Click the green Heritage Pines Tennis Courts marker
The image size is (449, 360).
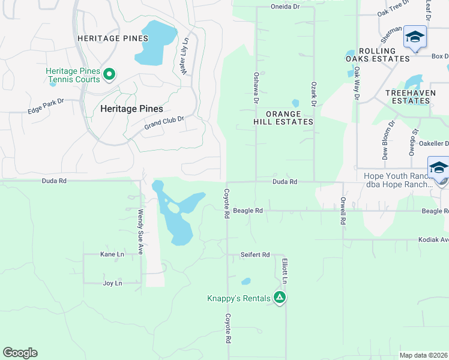(109, 74)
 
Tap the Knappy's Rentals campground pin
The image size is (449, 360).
(279, 297)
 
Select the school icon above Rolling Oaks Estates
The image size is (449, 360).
(415, 37)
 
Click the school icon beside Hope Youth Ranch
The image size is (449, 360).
(439, 167)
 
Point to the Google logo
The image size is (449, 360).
(20, 353)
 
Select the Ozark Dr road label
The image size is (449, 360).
(313, 94)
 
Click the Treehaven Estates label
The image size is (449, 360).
(408, 97)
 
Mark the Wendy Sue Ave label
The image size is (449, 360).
(140, 231)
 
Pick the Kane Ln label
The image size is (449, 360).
(112, 254)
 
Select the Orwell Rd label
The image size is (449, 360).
(343, 211)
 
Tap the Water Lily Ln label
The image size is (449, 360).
(184, 56)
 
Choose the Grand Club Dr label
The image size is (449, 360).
(164, 123)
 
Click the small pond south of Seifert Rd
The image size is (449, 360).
(246, 281)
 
